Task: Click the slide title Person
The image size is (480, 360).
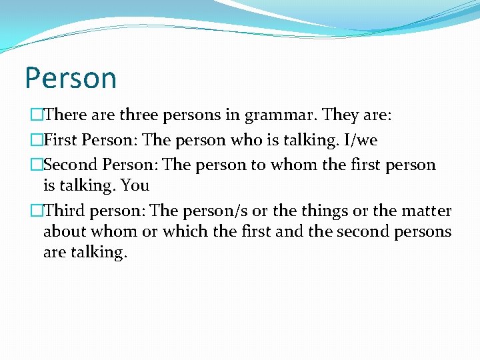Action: pyautogui.click(x=71, y=78)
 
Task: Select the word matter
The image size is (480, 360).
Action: pyautogui.click(x=426, y=211)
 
